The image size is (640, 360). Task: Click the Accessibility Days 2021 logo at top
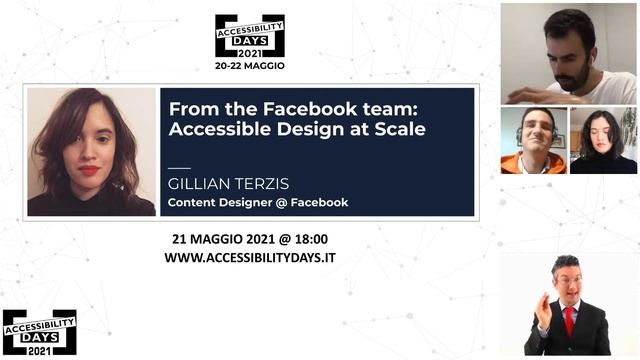tap(249, 35)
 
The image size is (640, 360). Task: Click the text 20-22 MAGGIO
tap(249, 65)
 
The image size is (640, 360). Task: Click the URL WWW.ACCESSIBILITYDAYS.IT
tap(249, 257)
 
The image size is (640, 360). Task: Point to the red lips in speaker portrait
tap(90, 170)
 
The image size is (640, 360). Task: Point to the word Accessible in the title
tap(215, 129)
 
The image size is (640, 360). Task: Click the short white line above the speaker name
tap(179, 167)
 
